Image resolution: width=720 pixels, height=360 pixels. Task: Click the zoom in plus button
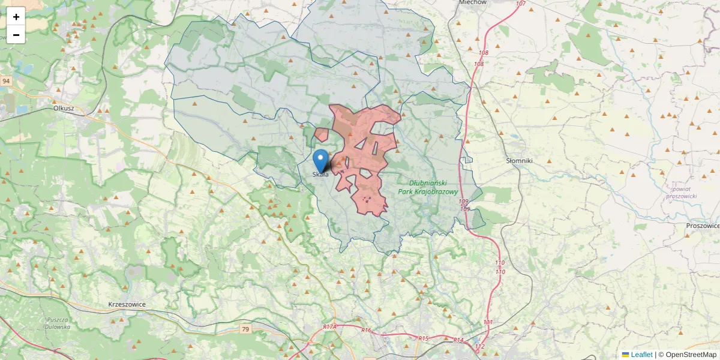pyautogui.click(x=16, y=17)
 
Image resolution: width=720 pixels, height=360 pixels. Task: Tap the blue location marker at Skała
pyautogui.click(x=321, y=161)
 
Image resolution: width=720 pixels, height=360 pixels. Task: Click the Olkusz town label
pyautogui.click(x=64, y=109)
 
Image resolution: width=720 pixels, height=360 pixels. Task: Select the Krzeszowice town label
pyautogui.click(x=127, y=304)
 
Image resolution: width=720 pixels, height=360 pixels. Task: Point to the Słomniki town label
pyautogui.click(x=519, y=161)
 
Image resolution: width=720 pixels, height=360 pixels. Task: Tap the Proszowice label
pyautogui.click(x=703, y=226)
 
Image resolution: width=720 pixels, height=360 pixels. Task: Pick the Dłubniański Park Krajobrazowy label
pyautogui.click(x=428, y=187)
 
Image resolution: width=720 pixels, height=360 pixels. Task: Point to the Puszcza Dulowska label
pyautogui.click(x=58, y=323)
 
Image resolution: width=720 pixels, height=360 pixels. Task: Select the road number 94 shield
pyautogui.click(x=6, y=80)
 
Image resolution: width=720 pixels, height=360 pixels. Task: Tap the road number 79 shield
pyautogui.click(x=245, y=329)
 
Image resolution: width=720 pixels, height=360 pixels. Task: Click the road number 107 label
pyautogui.click(x=520, y=4)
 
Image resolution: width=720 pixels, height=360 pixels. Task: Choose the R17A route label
pyautogui.click(x=329, y=327)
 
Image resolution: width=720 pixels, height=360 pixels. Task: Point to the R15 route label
pyautogui.click(x=424, y=338)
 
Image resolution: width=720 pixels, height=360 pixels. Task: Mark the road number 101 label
pyautogui.click(x=488, y=322)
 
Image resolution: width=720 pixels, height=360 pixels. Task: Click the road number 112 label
pyautogui.click(x=479, y=347)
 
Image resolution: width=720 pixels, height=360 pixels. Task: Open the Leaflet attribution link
pyautogui.click(x=641, y=355)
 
